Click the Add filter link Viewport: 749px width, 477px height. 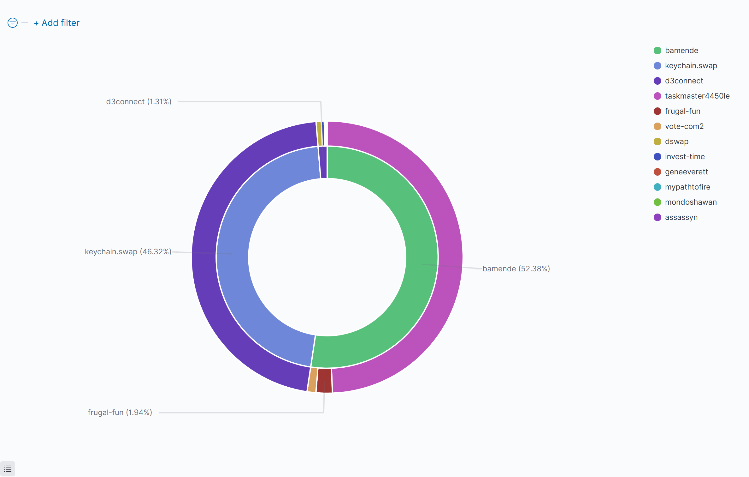coord(57,23)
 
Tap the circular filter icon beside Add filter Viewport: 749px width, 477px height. coord(13,23)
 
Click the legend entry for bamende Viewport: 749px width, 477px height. coord(681,51)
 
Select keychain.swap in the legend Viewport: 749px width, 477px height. coord(691,66)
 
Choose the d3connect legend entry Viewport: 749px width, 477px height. coord(684,81)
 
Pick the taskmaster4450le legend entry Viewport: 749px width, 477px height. coord(697,96)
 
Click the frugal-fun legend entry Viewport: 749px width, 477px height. coord(682,111)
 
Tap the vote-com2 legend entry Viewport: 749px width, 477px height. coord(684,126)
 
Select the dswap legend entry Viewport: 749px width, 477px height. coord(676,142)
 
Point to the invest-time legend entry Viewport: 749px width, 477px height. coord(685,157)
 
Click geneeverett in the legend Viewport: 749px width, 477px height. coord(686,172)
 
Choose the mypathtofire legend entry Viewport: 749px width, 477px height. coord(687,187)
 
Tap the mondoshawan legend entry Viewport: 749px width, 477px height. coord(691,202)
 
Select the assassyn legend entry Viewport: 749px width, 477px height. coord(681,217)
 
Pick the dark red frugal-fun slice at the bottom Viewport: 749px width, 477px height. coord(324,380)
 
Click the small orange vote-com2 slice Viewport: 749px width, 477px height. coord(312,380)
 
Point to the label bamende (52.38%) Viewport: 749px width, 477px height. coord(516,269)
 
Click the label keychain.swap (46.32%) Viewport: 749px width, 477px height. coord(128,252)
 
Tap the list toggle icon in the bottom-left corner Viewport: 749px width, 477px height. coord(8,469)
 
